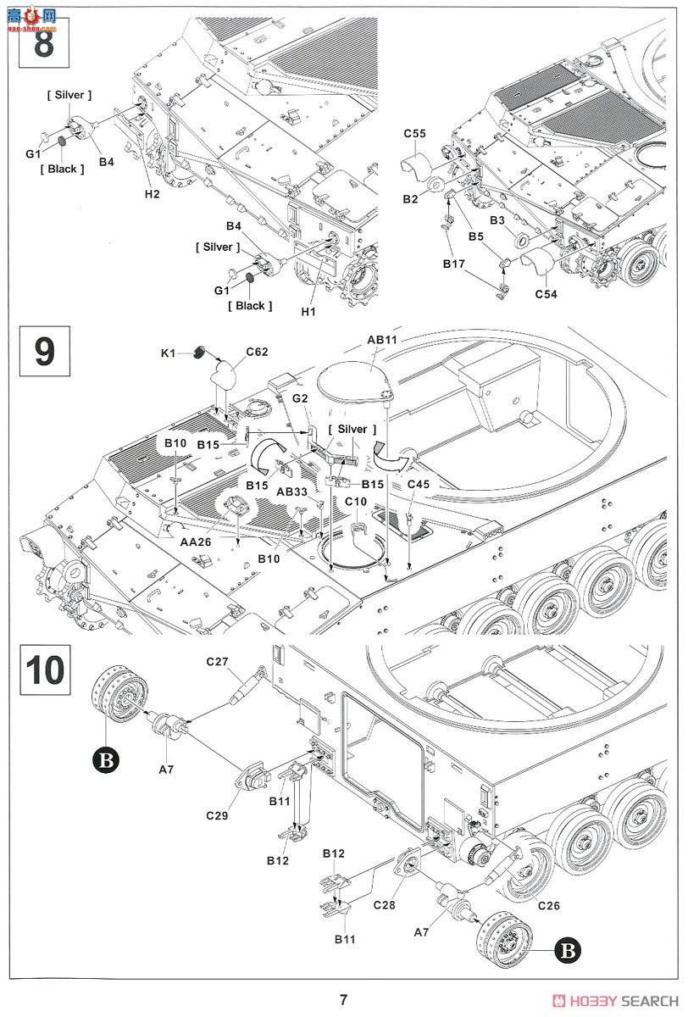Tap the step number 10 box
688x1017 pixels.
coord(43,669)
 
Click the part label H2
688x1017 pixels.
coord(152,194)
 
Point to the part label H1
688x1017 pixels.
coord(308,312)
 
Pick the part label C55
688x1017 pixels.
coord(414,134)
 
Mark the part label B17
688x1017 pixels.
coord(454,264)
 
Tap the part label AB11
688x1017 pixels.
coord(382,339)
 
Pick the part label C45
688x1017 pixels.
coord(420,483)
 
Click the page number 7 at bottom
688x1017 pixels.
coord(343,1000)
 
